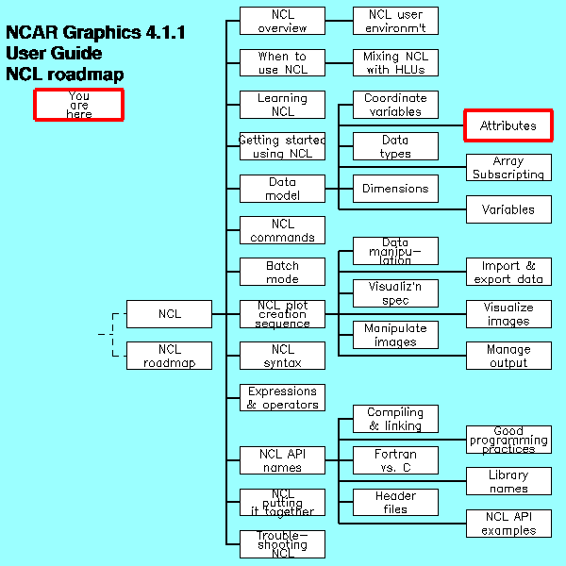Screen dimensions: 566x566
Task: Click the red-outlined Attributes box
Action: (x=508, y=125)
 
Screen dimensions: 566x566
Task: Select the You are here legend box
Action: (x=79, y=105)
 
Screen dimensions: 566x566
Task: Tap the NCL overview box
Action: (x=282, y=21)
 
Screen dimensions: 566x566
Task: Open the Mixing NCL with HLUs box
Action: (x=395, y=63)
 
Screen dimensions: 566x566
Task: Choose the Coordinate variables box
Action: (x=395, y=105)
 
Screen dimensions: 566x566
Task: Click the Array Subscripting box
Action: (x=508, y=168)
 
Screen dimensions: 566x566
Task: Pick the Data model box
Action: (x=282, y=189)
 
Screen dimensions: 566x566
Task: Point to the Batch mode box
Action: (x=282, y=272)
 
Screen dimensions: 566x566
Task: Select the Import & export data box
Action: (x=508, y=272)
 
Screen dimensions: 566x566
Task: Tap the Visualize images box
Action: (x=508, y=314)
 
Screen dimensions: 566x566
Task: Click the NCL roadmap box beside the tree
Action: (x=169, y=356)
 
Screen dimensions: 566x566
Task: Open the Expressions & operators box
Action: (x=282, y=397)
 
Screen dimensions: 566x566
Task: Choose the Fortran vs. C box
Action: (x=395, y=460)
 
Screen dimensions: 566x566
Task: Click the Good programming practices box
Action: (x=508, y=440)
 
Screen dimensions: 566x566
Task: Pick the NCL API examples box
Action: (x=508, y=523)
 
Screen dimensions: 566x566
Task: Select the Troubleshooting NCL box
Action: (x=282, y=543)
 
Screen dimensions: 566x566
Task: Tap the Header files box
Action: (x=395, y=502)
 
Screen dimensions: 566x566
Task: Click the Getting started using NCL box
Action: (x=282, y=146)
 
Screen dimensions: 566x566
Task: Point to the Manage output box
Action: (x=508, y=356)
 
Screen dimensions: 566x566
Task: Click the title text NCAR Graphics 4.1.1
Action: (x=95, y=33)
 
